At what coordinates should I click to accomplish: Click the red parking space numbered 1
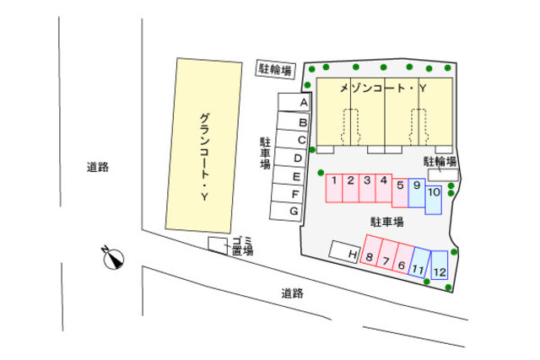pyautogui.click(x=334, y=188)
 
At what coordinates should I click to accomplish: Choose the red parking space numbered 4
pyautogui.click(x=383, y=188)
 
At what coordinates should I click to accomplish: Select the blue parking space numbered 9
pyautogui.click(x=416, y=192)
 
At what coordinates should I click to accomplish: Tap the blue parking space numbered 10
pyautogui.click(x=434, y=199)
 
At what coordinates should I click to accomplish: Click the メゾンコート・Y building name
pyautogui.click(x=384, y=88)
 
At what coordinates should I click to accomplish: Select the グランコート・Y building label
pyautogui.click(x=203, y=156)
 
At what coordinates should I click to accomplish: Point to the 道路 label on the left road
pyautogui.click(x=98, y=167)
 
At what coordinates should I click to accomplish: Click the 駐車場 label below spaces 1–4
pyautogui.click(x=386, y=222)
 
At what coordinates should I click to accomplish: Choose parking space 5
pyautogui.click(x=400, y=190)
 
